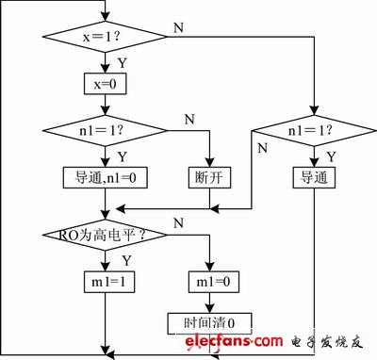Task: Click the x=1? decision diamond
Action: [x=105, y=37]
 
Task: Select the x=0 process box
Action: [x=106, y=84]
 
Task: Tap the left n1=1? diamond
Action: [x=105, y=131]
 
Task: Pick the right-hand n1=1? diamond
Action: [x=314, y=131]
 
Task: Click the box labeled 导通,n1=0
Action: [x=106, y=178]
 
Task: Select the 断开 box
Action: [x=209, y=178]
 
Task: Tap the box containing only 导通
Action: [x=314, y=178]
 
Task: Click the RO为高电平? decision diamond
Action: [x=105, y=235]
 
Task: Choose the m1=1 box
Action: [x=109, y=282]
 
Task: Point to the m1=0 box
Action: [x=214, y=282]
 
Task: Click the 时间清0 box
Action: [x=209, y=323]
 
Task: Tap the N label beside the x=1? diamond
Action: [x=178, y=28]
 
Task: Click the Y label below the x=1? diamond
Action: [x=123, y=63]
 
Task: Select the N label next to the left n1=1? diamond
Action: [x=189, y=120]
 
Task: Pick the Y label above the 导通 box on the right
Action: [x=332, y=156]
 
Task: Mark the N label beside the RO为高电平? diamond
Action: [x=178, y=223]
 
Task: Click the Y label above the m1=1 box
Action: [x=126, y=261]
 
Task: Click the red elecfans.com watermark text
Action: [x=234, y=341]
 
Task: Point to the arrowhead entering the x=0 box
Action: [x=105, y=69]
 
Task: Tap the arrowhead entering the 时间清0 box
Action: [x=209, y=308]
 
